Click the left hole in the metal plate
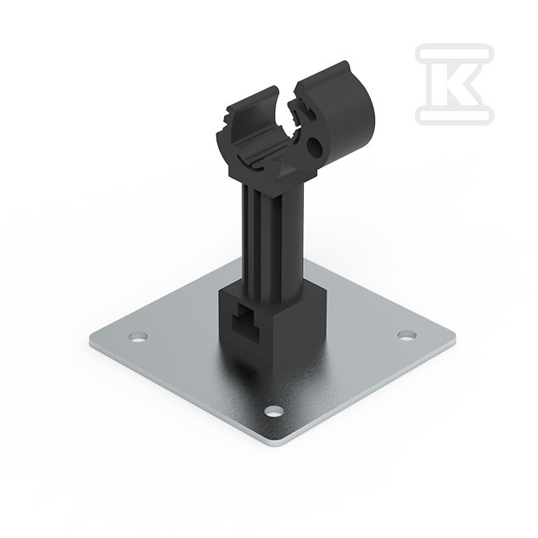click(138, 336)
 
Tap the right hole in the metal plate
click(407, 335)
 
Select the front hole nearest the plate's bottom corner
click(275, 411)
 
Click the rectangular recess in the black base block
click(246, 322)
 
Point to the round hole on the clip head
click(316, 145)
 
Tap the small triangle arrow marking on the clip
click(285, 171)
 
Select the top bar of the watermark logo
click(455, 53)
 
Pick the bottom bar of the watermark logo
click(455, 115)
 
